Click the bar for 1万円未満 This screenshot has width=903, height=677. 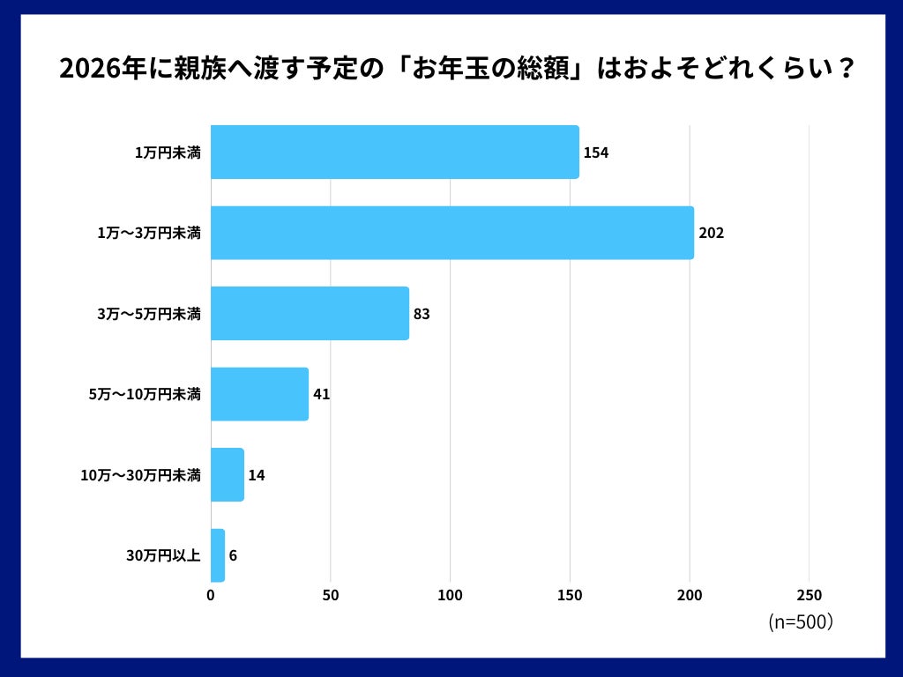pos(394,153)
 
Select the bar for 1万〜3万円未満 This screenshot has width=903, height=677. pos(451,233)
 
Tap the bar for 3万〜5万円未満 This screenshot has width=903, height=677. pos(310,313)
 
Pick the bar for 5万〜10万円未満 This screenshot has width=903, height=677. pos(259,394)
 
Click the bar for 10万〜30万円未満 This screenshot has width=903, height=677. pos(228,475)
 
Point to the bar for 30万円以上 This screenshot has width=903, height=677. pos(218,555)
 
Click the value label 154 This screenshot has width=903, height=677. pos(596,153)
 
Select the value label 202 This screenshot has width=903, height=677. pos(711,234)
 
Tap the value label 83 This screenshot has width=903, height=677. pos(422,314)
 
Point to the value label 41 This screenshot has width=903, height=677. pos(321,394)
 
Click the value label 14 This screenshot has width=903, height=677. pos(257,475)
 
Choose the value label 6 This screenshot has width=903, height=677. pos(233,555)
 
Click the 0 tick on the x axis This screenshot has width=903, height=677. pos(211,595)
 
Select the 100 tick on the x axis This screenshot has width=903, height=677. pos(451,595)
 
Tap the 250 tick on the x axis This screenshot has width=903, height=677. pos(810,595)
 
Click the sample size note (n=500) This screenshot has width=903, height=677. pos(801,621)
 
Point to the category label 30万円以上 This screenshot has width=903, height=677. pos(164,556)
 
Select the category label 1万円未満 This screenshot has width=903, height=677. pos(168,153)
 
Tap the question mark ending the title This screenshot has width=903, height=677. pos(844,70)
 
